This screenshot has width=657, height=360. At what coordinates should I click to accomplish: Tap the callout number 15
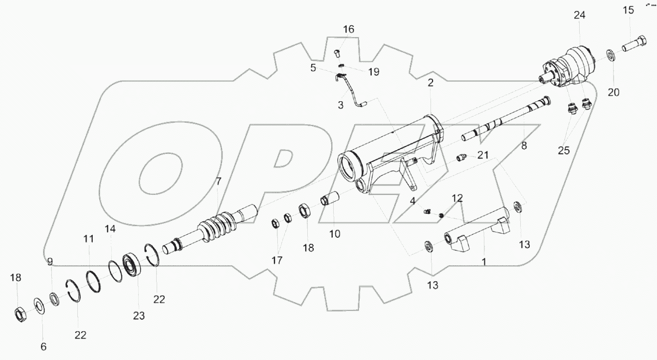[x=628, y=10]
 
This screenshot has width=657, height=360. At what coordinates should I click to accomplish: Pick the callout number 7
[x=218, y=182]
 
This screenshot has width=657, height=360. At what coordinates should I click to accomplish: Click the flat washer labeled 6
[x=38, y=304]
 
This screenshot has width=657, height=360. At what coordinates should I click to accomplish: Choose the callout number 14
[x=110, y=229]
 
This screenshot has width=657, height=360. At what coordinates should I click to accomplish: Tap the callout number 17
[x=277, y=260]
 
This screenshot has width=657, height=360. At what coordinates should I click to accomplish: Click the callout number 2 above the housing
[x=430, y=83]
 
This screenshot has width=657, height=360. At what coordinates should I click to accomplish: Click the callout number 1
[x=483, y=261]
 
